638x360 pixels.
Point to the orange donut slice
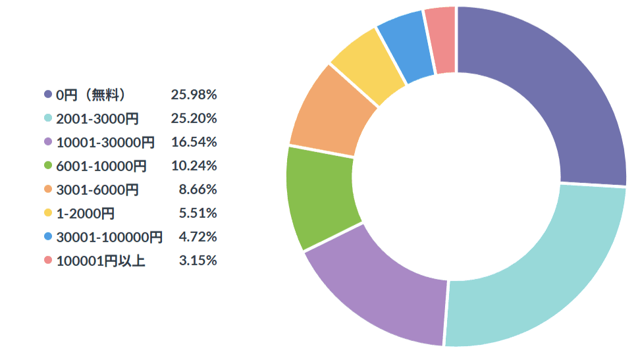pyautogui.click(x=330, y=114)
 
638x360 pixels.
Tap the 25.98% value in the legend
pyautogui.click(x=194, y=94)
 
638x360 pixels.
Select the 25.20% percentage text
pyautogui.click(x=194, y=118)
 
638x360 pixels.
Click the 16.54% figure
pyautogui.click(x=194, y=142)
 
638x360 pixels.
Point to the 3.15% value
pyautogui.click(x=198, y=261)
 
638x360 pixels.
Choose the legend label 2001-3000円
pyautogui.click(x=97, y=118)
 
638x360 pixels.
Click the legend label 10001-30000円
pyautogui.click(x=105, y=142)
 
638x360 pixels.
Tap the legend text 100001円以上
pyautogui.click(x=101, y=261)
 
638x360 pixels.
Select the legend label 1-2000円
pyautogui.click(x=85, y=213)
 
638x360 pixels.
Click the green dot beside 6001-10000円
pyautogui.click(x=48, y=166)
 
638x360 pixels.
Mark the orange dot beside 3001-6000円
pyautogui.click(x=48, y=189)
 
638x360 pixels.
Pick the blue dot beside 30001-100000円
pyautogui.click(x=48, y=236)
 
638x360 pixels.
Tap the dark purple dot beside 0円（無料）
pyautogui.click(x=48, y=94)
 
